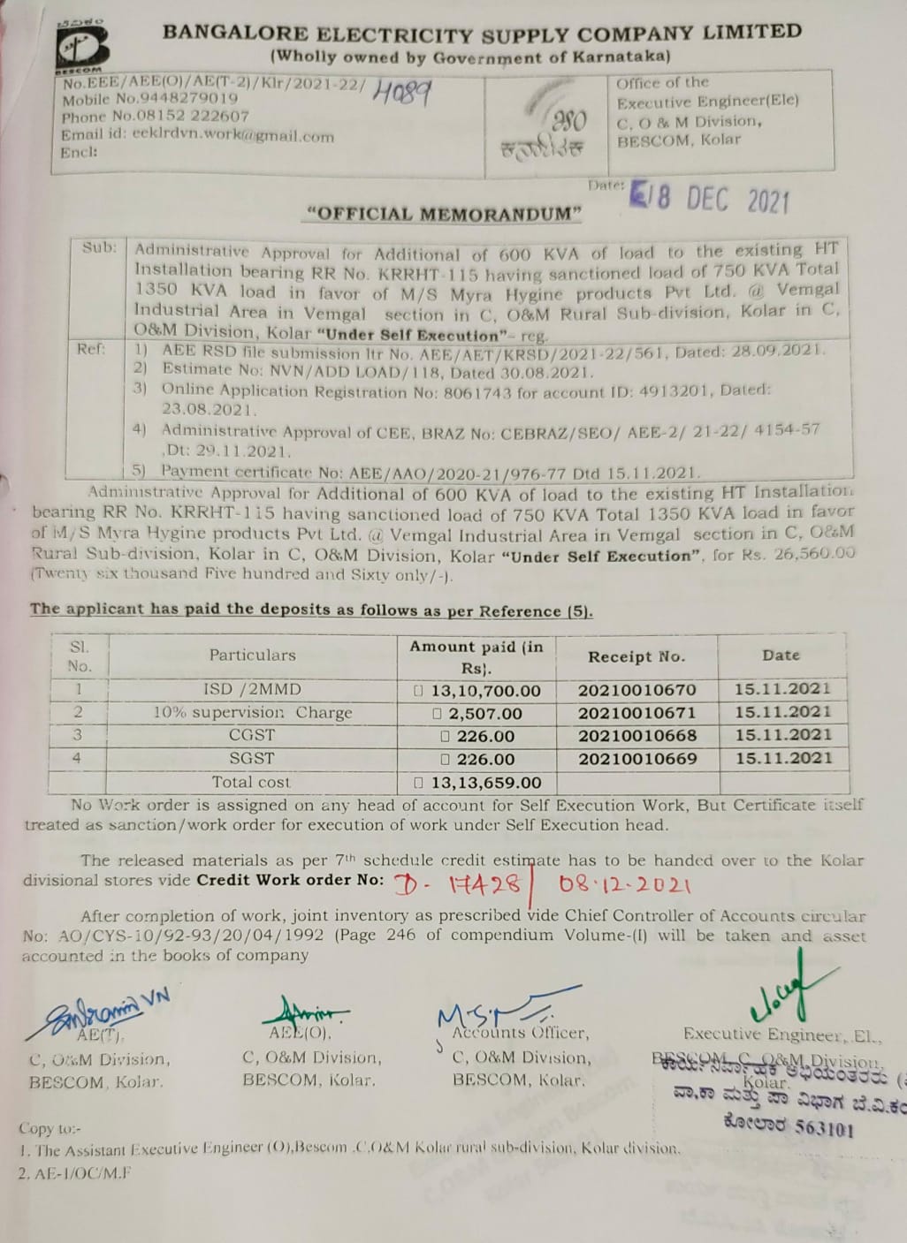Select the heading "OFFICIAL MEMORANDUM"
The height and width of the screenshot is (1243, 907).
(x=443, y=214)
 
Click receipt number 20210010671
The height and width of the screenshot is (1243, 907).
(x=637, y=713)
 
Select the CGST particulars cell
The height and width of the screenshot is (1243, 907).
(x=252, y=735)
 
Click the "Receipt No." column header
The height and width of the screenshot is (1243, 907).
(x=636, y=656)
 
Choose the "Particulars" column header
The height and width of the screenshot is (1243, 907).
(x=252, y=655)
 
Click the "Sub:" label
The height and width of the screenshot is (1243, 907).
(x=99, y=247)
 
